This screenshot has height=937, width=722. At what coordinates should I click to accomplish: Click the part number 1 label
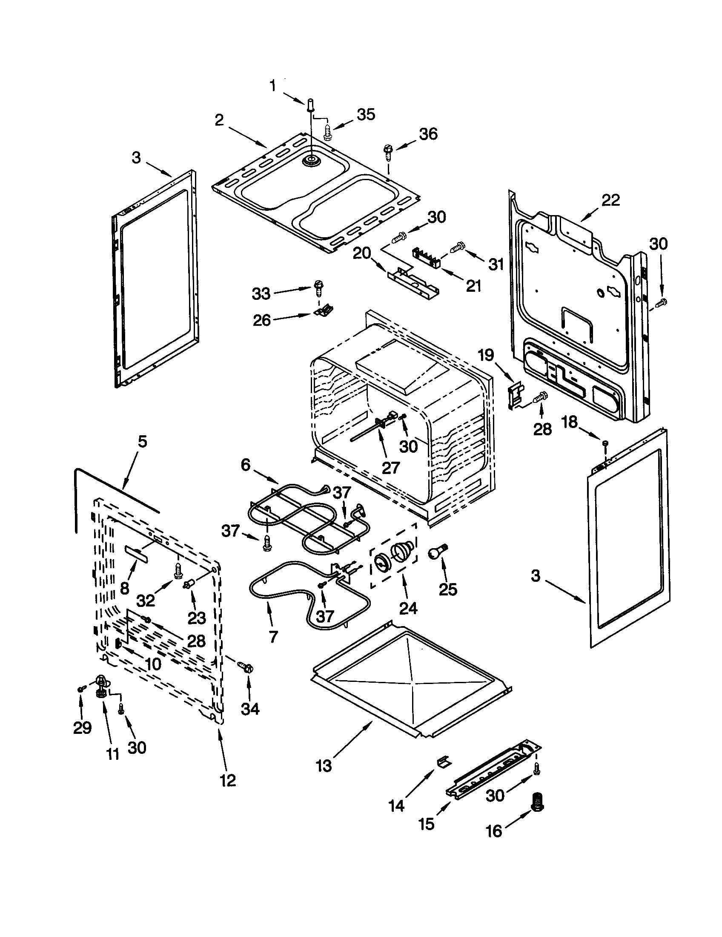tap(273, 86)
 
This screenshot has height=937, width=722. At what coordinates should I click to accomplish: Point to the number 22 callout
tap(610, 200)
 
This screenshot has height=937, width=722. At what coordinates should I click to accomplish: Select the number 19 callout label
tap(486, 355)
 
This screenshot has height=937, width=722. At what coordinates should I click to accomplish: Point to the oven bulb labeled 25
tap(436, 552)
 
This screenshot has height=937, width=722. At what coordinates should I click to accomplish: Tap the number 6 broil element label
tap(245, 465)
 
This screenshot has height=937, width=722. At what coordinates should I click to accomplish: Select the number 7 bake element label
tap(274, 637)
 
